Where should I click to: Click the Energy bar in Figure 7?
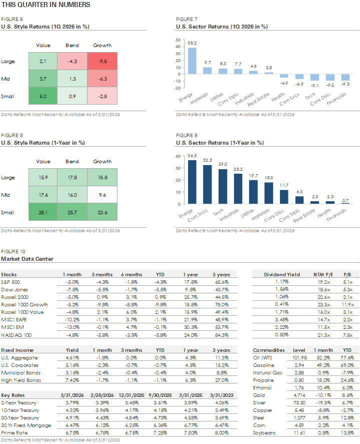click(192, 61)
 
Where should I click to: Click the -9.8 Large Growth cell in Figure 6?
click(102, 62)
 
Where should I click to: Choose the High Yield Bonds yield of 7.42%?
click(72, 380)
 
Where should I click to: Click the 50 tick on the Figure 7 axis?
click(178, 39)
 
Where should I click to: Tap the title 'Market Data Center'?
click(27, 259)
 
